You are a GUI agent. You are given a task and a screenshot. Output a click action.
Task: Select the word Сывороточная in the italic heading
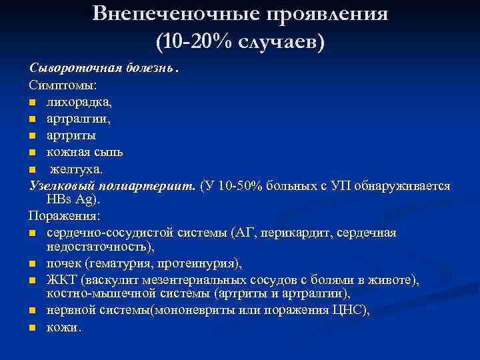coord(67,69)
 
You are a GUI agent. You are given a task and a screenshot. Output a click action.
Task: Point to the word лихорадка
coord(74,103)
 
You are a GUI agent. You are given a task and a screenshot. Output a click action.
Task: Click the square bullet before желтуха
coord(33,169)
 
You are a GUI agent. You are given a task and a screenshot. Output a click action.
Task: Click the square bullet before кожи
coord(33,327)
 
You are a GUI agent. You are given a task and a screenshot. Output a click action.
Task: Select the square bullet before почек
coord(33,264)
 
